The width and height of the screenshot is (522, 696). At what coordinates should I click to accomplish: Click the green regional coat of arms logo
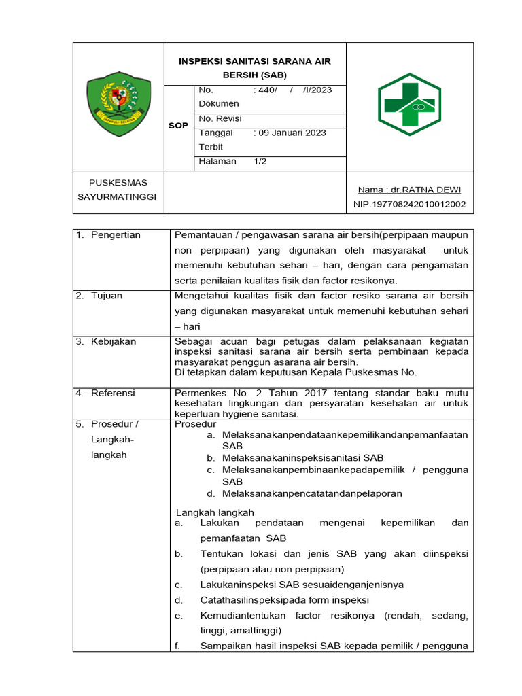118,105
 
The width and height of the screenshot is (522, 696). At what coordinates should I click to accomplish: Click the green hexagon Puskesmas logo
409,105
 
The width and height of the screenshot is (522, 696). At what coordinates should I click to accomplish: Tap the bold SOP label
178,126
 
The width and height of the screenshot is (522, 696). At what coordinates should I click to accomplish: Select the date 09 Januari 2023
290,133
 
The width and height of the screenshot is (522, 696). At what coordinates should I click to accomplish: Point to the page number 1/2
261,161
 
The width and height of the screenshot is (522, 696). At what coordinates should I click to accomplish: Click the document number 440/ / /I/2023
292,90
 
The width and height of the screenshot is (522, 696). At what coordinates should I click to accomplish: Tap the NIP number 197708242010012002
409,204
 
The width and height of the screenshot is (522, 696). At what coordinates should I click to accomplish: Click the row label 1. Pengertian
108,235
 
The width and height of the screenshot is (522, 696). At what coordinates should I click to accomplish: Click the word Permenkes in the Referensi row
196,393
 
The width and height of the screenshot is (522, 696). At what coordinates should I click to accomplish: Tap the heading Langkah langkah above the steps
215,512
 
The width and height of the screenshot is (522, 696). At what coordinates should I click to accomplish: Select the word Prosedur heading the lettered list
195,424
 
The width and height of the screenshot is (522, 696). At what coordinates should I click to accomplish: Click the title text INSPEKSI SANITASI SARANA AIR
255,61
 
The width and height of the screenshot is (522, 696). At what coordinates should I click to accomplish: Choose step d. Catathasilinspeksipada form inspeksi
284,599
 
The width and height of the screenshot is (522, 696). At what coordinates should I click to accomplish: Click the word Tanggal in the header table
215,133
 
